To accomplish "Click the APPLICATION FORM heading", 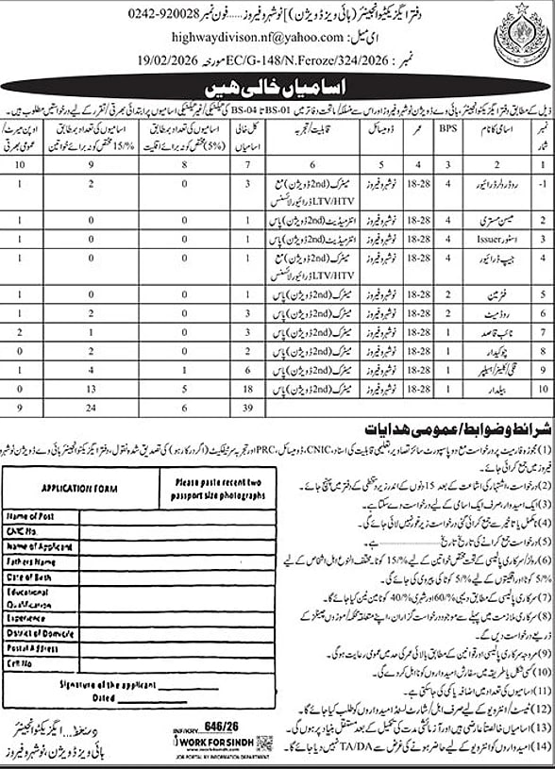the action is (73, 491).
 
